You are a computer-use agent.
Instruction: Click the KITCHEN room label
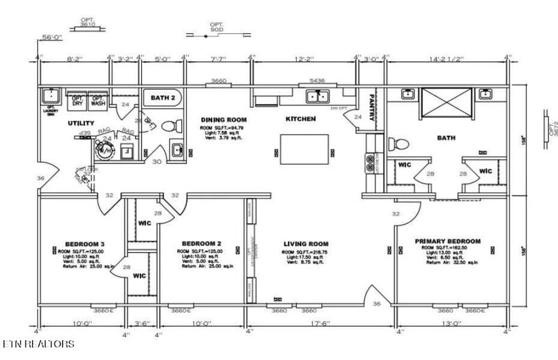pyautogui.click(x=300, y=119)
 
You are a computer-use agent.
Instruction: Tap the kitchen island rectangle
pyautogui.click(x=305, y=149)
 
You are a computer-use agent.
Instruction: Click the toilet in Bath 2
pyautogui.click(x=169, y=126)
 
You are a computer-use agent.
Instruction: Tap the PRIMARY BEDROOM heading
pyautogui.click(x=447, y=241)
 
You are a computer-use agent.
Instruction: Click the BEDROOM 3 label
pyautogui.click(x=84, y=243)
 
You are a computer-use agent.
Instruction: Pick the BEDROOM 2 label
pyautogui.click(x=201, y=243)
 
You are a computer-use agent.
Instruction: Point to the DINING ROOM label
pyautogui.click(x=223, y=120)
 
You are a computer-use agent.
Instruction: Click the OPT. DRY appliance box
pyautogui.click(x=77, y=100)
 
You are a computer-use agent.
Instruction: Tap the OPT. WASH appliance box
pyautogui.click(x=98, y=100)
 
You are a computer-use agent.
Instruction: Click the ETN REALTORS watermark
pyautogui.click(x=38, y=344)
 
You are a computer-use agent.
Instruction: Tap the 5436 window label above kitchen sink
pyautogui.click(x=317, y=81)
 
